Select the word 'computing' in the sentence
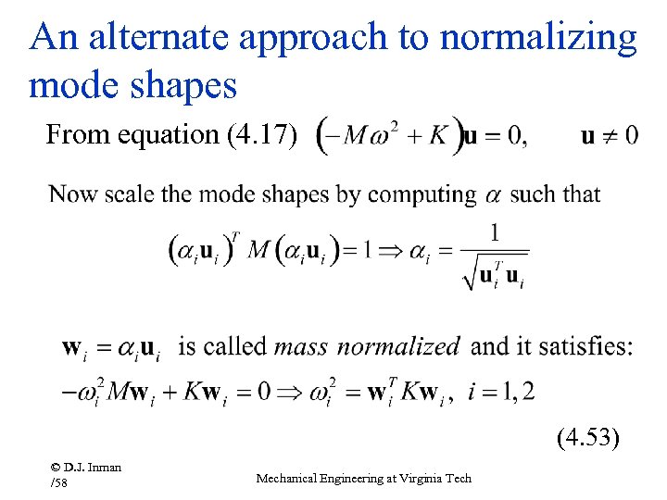(422, 195)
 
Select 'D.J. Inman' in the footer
(87, 467)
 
